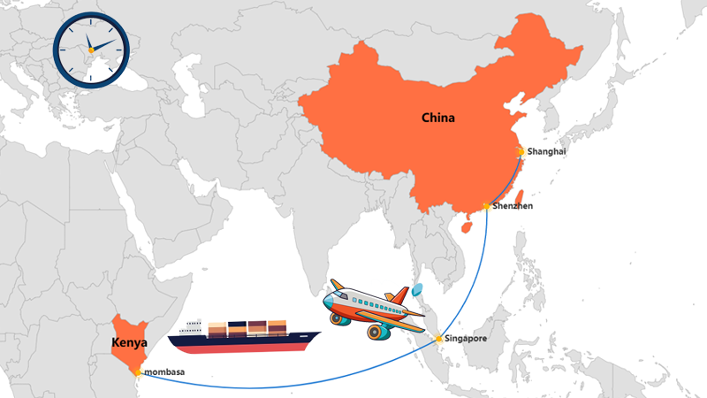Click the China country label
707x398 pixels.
coord(438,118)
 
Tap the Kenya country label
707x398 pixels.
coord(128,342)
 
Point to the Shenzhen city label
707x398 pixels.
coord(513,206)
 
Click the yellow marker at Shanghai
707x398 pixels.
coord(521,151)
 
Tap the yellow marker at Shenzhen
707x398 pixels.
coord(487,206)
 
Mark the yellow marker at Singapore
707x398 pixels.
coord(439,339)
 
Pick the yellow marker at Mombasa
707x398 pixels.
coord(137,371)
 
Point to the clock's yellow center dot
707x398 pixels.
coord(89,50)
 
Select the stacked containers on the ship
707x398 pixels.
coord(247,327)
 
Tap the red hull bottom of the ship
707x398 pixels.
coord(245,348)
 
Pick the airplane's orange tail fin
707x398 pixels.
coord(399,295)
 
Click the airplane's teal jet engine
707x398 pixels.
coord(381,332)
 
